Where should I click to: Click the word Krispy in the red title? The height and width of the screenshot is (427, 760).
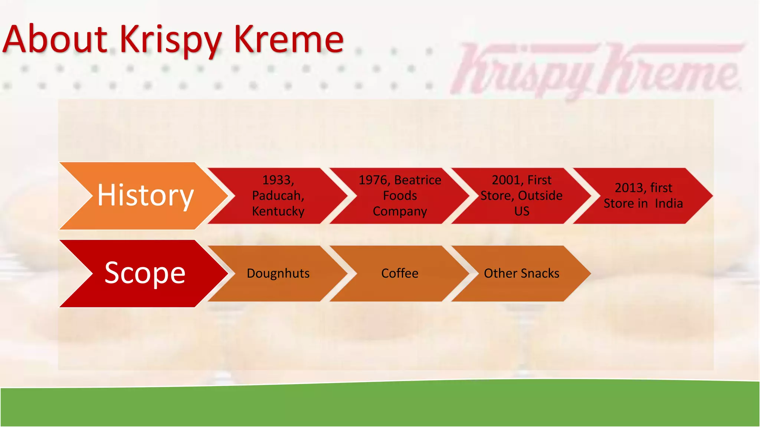[171, 40]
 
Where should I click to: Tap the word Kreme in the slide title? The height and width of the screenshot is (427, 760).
[289, 39]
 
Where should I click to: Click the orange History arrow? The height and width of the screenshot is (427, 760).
[145, 195]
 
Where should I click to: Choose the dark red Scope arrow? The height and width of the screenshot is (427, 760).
[145, 273]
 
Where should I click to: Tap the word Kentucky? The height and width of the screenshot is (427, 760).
[278, 211]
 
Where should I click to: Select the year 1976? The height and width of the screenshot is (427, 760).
[373, 180]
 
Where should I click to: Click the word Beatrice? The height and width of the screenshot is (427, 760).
[418, 180]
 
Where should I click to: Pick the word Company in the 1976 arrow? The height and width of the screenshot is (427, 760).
[400, 211]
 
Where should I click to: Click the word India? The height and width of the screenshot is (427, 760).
[669, 203]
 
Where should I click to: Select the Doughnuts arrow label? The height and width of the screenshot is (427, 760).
[278, 274]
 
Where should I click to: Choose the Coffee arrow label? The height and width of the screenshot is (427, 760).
[400, 274]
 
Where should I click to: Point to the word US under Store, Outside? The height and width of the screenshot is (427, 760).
[522, 211]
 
